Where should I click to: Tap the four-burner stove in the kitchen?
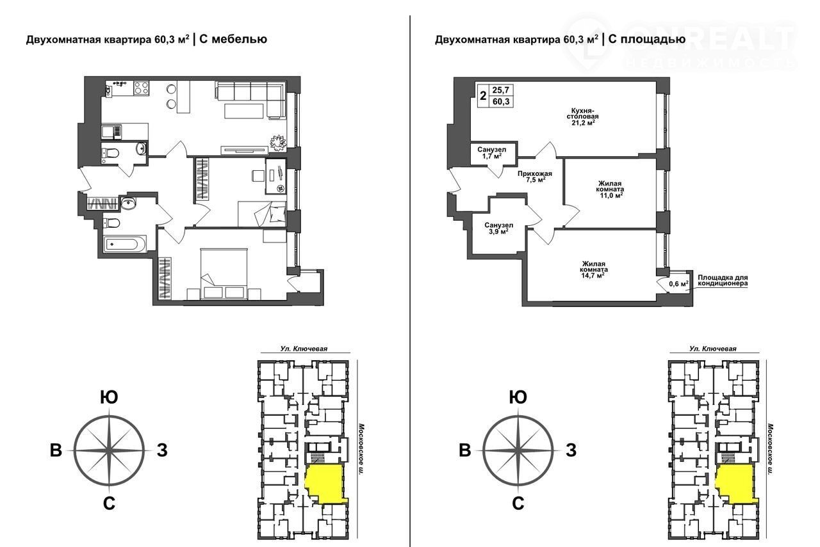pos(142,88)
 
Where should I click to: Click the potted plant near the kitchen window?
pos(278,142)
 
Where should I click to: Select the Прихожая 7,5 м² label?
pos(535,177)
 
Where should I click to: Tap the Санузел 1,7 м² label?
pos(491,153)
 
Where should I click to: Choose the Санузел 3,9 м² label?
pos(498,228)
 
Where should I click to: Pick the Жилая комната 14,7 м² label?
pos(594,269)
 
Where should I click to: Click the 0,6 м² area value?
pos(678,283)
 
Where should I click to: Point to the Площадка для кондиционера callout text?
pos(723,280)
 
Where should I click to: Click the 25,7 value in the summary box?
pos(501,90)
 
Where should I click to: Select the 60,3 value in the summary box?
pos(501,101)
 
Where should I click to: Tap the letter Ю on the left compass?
pos(109,397)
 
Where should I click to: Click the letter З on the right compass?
pos(571,450)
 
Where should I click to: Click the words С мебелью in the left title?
pos(233,39)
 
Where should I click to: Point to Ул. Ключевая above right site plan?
pos(713,349)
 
